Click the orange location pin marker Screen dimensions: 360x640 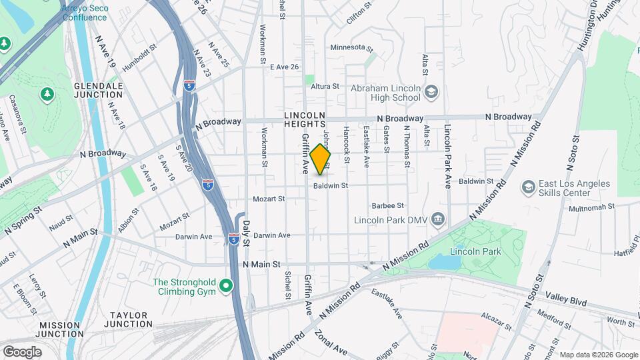[x=321, y=159]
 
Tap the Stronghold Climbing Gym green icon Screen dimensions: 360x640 [x=226, y=286]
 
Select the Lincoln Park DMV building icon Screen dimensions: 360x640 [x=438, y=218]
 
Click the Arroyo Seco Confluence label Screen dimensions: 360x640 [x=85, y=13]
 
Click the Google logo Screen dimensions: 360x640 [x=22, y=351]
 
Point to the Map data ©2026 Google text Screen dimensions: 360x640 [x=598, y=355]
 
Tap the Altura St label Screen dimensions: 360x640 [x=326, y=87]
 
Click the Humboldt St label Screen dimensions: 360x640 [x=139, y=48]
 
